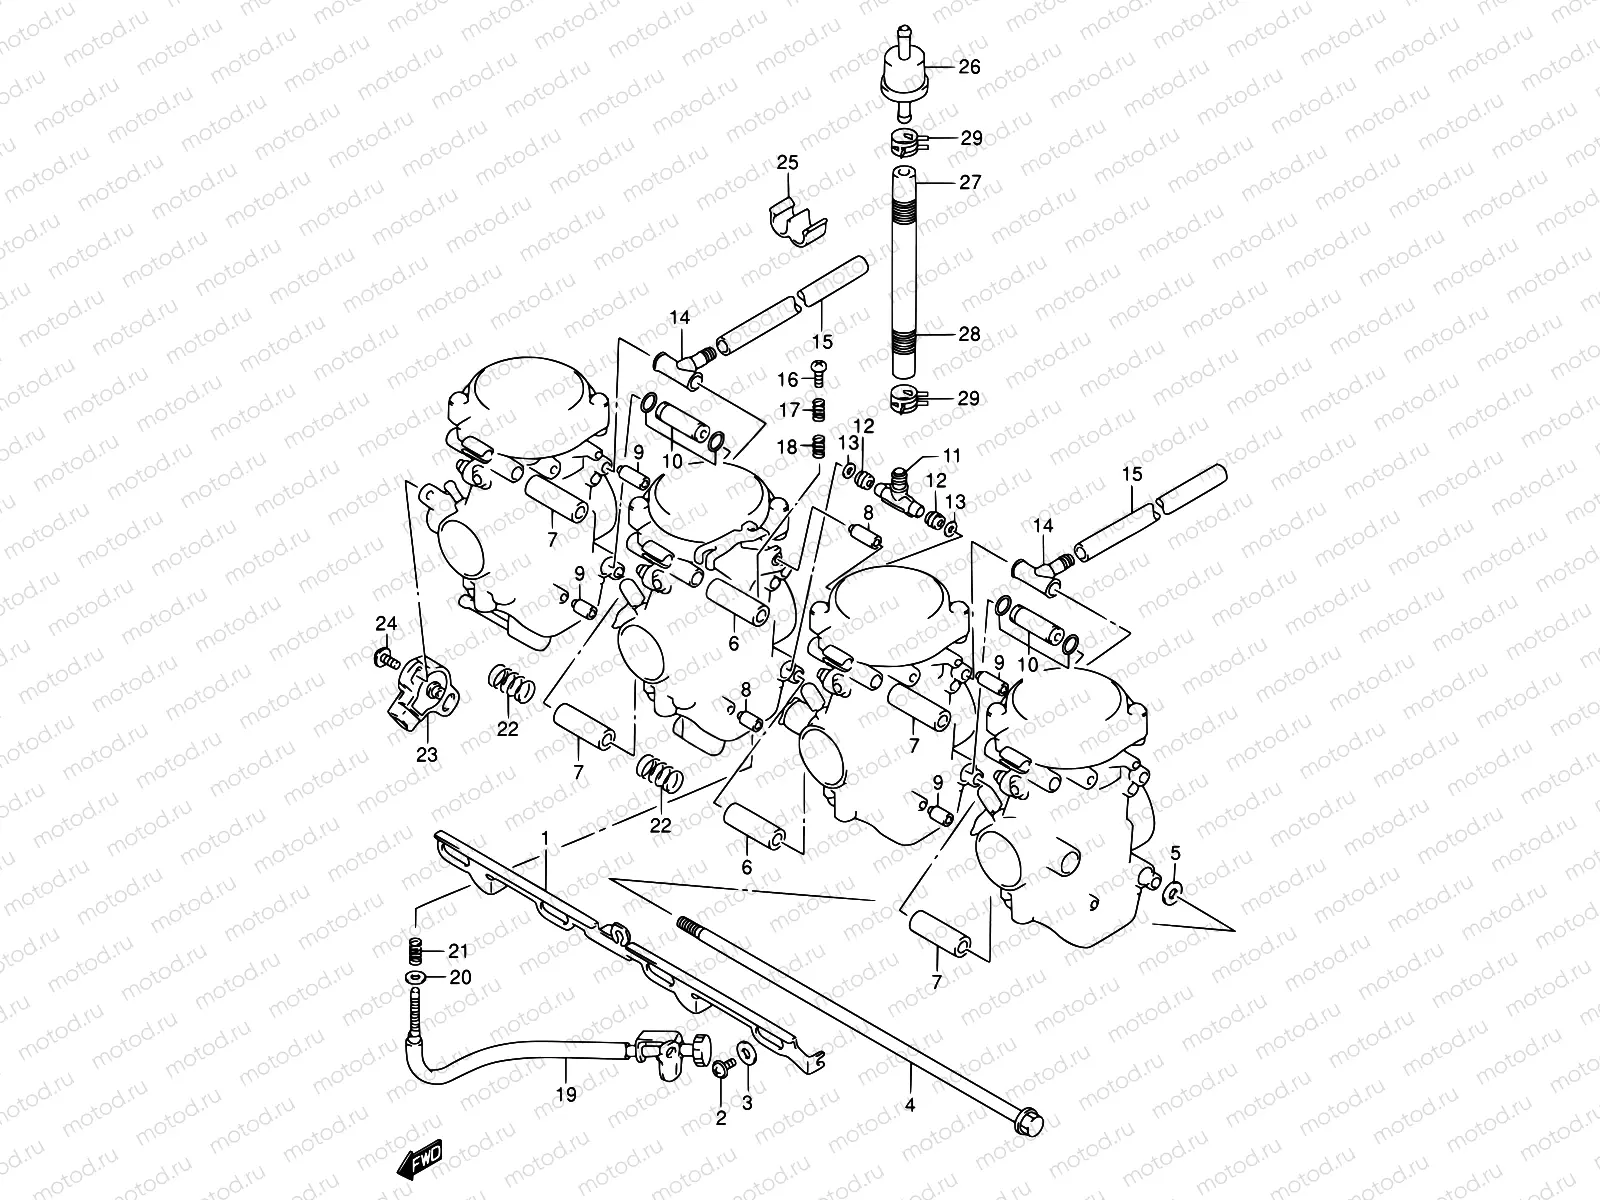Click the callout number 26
click(969, 67)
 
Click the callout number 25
click(788, 163)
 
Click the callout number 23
click(427, 755)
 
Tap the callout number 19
click(566, 1095)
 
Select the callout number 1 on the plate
click(546, 836)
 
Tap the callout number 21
click(458, 950)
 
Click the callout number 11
click(951, 455)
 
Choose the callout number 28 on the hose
click(969, 334)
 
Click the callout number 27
click(969, 182)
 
